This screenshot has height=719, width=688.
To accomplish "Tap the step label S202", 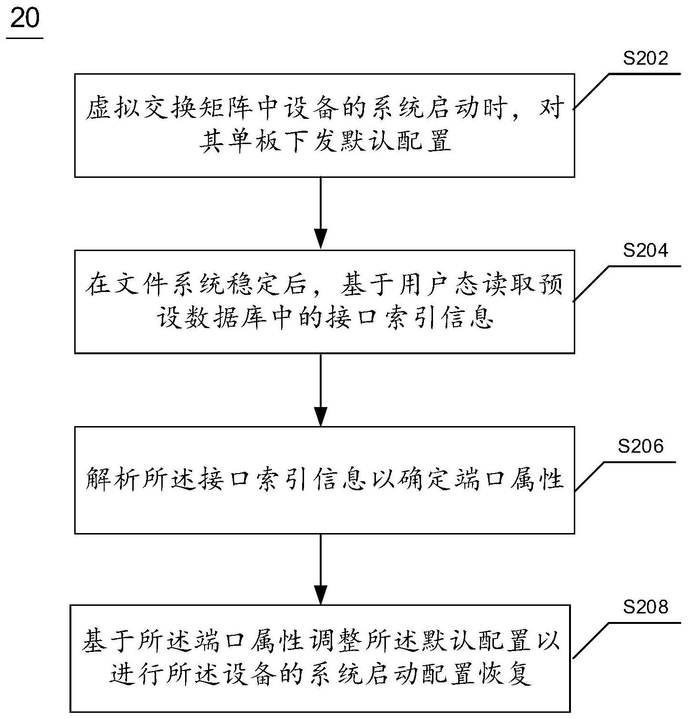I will [x=646, y=58].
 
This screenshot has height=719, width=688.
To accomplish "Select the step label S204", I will [x=646, y=250].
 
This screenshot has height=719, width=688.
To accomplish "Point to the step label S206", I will [x=640, y=446].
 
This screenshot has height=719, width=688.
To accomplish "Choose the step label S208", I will [x=646, y=607].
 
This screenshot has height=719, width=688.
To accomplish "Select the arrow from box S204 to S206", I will [x=321, y=389].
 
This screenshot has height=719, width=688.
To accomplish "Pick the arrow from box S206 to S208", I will [x=321, y=569].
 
